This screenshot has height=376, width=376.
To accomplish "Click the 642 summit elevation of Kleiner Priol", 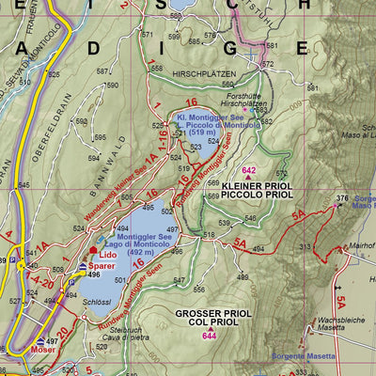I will (x=249, y=169).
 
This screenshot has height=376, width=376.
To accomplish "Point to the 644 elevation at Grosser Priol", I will (x=209, y=336).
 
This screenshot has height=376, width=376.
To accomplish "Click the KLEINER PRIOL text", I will (x=252, y=186).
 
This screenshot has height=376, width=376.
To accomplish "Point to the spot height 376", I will (x=342, y=198).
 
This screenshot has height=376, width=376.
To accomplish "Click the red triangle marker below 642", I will (x=249, y=178).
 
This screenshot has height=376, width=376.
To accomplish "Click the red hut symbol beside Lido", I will (x=91, y=252).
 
